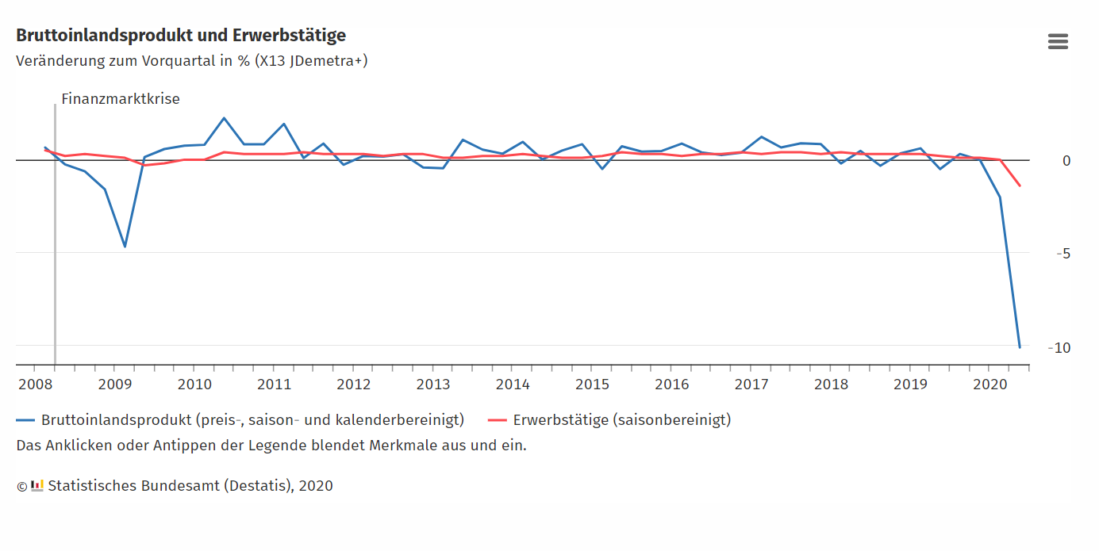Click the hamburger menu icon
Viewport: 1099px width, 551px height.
coord(1058,42)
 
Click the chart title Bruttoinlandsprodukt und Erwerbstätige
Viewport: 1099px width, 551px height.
coord(181,36)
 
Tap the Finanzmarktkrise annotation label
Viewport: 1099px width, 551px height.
coord(121,99)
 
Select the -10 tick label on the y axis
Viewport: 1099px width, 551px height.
coord(1059,347)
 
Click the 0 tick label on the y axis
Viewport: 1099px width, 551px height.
coord(1066,161)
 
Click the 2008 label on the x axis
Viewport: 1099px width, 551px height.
coord(34,385)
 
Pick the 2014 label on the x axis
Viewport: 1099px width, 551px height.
coord(513,385)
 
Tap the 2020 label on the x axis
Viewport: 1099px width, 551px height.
coord(989,385)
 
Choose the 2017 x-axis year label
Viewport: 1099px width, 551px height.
coord(751,385)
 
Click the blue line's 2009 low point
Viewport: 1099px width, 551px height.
coord(125,247)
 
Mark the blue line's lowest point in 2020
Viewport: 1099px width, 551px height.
coord(1020,347)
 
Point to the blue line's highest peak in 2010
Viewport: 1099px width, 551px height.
coord(224,118)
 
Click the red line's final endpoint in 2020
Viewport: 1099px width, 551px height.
coord(1020,186)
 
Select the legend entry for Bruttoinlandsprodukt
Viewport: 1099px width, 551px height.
coord(252,420)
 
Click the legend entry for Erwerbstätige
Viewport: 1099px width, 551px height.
coord(621,420)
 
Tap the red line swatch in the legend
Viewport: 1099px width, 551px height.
coord(497,420)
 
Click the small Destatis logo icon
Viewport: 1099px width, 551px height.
coord(37,485)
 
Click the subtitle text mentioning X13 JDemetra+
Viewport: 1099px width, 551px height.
coord(191,61)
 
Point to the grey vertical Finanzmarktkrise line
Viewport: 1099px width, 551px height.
coord(55,238)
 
